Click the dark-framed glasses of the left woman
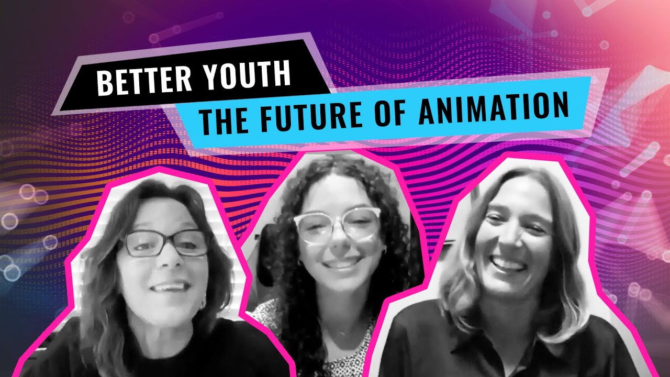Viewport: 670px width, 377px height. [164, 243]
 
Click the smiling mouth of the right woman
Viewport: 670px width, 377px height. [508, 265]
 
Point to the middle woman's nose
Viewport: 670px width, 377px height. [339, 242]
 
